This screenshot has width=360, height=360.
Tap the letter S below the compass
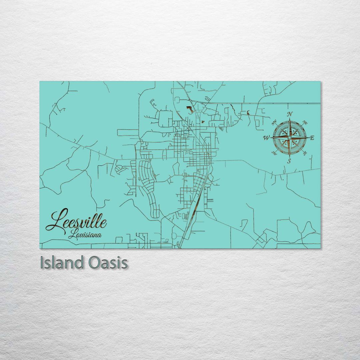tap(289, 161)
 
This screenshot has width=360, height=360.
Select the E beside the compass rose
tap(312, 137)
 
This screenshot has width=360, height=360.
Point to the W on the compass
tap(266, 137)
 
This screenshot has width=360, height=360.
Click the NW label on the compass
tap(275, 123)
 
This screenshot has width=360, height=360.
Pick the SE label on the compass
tap(305, 153)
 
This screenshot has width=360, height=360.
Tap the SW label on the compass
tap(274, 153)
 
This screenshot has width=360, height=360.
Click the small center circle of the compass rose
tap(289, 137)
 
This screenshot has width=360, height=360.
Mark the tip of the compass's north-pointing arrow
tap(290, 118)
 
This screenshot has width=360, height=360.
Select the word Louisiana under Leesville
tap(85, 235)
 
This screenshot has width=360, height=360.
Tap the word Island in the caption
tap(62, 263)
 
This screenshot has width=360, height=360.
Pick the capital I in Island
tap(42, 263)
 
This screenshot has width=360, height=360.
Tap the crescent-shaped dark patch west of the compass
tap(248, 112)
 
